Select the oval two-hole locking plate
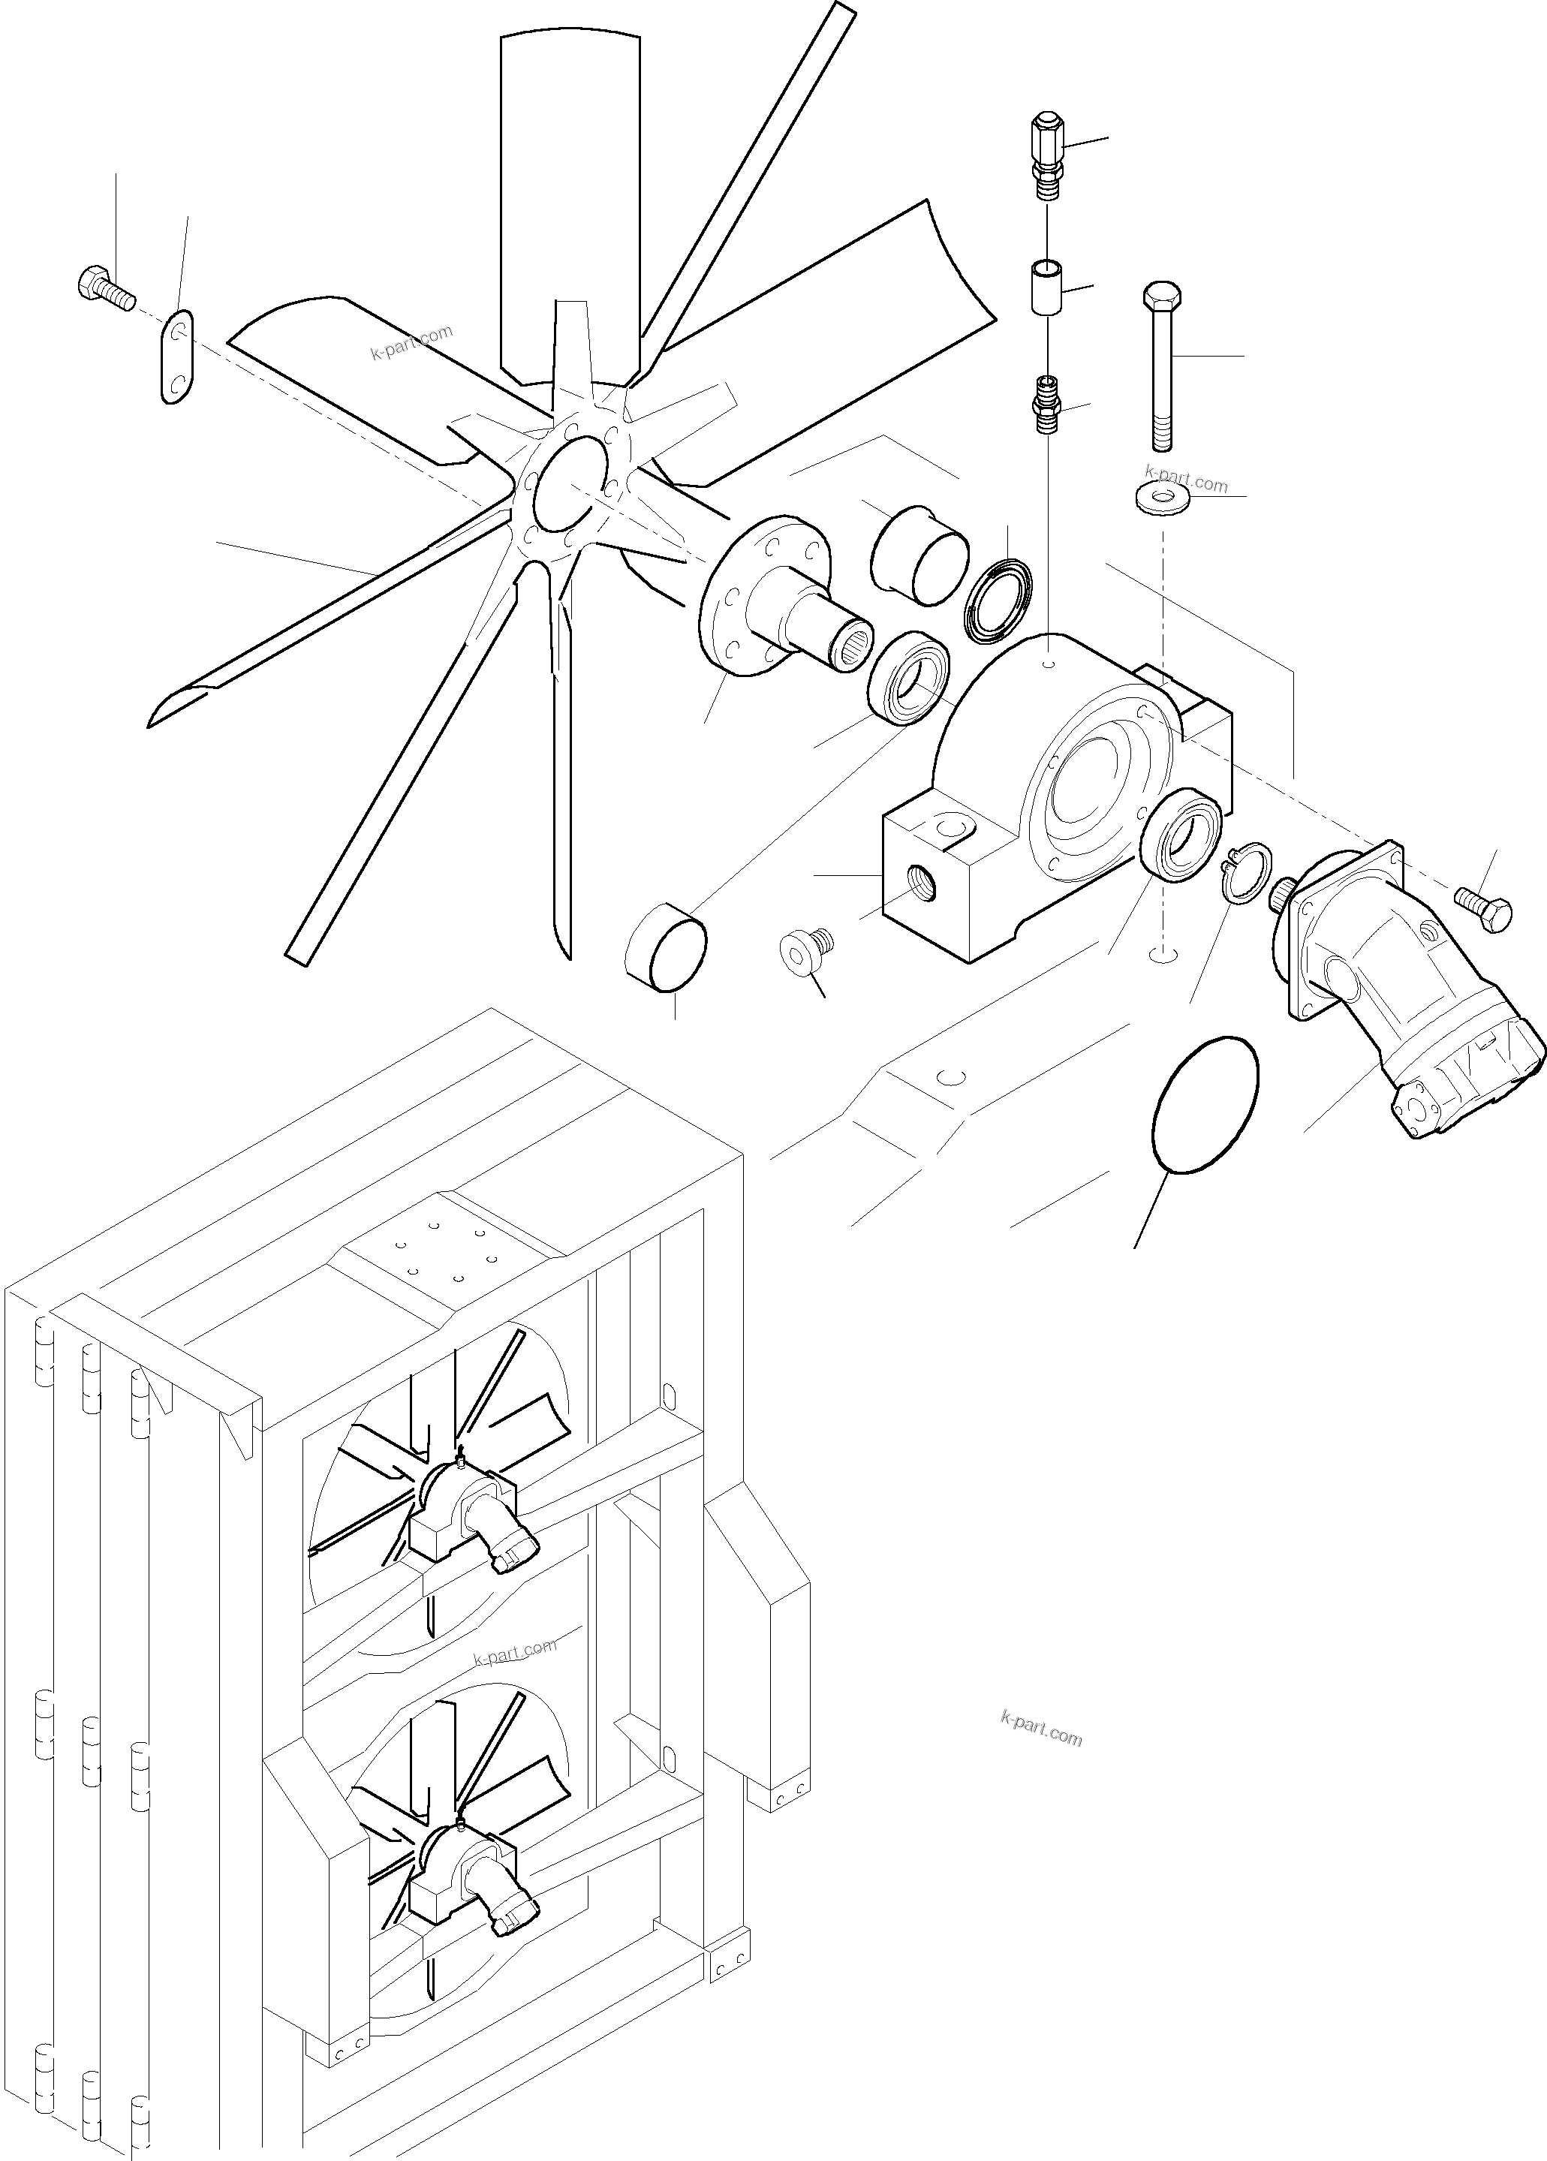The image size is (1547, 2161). [176, 357]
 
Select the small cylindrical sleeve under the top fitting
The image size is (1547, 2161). [1046, 284]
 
